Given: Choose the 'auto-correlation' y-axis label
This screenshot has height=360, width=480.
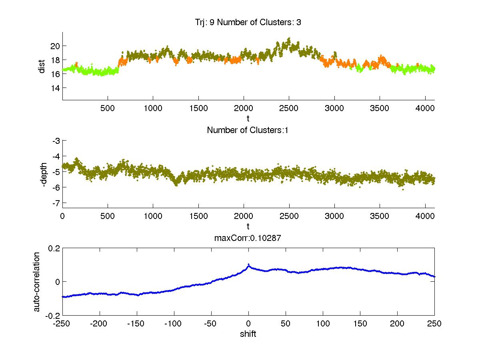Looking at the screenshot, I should [36, 282].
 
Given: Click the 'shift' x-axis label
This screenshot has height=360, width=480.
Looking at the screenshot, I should [248, 334].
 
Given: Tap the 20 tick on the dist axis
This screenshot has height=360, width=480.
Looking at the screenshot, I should [55, 46].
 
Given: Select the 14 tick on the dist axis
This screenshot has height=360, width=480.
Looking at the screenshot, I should [55, 88].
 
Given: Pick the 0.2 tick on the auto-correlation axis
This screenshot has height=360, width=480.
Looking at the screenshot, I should [54, 248].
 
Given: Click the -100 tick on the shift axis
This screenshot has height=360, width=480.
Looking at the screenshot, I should [174, 323].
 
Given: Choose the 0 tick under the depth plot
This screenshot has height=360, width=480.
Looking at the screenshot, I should [63, 215].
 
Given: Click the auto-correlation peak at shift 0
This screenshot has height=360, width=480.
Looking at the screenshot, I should [248, 265].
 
